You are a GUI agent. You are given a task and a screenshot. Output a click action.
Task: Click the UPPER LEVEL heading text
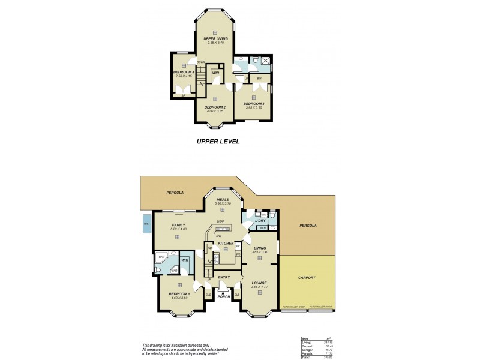[x=218, y=143]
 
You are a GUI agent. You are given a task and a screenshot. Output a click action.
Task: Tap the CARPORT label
[x=307, y=278]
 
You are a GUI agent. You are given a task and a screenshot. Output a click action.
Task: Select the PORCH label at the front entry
[x=224, y=296]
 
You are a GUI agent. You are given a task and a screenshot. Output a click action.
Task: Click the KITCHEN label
[x=226, y=242]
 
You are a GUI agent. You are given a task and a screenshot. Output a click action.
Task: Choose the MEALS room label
[x=223, y=199]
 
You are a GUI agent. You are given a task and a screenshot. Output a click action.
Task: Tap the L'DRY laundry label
[x=260, y=221]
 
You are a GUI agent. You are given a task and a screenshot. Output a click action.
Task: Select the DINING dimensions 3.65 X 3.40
[x=260, y=252]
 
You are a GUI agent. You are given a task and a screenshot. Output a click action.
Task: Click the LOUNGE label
[x=260, y=283]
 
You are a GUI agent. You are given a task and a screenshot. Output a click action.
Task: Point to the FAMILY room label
[x=179, y=224]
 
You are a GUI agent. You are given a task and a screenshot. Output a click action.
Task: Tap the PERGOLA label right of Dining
[x=307, y=226]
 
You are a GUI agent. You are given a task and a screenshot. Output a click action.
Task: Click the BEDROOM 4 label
[x=184, y=71]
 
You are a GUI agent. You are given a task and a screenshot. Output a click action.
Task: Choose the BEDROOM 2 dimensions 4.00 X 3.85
[x=215, y=111]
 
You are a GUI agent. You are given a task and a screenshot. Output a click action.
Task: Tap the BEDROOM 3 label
[x=254, y=104]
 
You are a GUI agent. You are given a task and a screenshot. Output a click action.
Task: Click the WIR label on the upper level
[x=215, y=73]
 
